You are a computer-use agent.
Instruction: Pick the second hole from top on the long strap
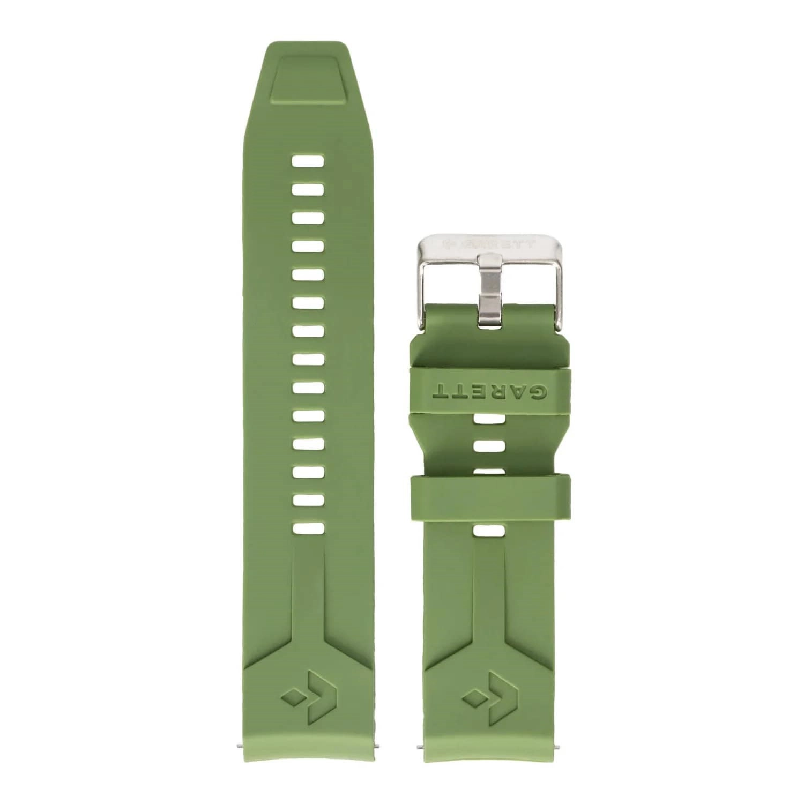pyautogui.click(x=307, y=189)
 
